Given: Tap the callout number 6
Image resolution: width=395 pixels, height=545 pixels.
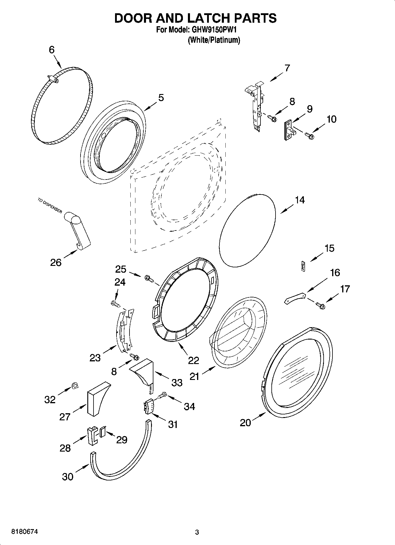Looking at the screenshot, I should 52,50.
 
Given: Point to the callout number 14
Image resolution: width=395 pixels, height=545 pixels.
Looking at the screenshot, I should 300,200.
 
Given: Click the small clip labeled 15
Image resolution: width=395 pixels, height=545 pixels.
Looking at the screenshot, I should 303,266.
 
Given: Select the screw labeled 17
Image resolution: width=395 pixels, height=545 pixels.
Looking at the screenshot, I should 320,305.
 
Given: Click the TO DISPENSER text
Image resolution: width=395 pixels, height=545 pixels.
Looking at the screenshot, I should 50,205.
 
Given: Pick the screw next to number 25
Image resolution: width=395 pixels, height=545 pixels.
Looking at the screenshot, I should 149,278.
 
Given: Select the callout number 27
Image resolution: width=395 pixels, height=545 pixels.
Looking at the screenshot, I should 65,416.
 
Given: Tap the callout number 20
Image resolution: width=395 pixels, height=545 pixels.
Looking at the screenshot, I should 245,423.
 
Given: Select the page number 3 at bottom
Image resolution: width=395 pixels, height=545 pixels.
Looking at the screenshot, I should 197,532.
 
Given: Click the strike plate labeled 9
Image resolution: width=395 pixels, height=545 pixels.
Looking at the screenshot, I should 289,130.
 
